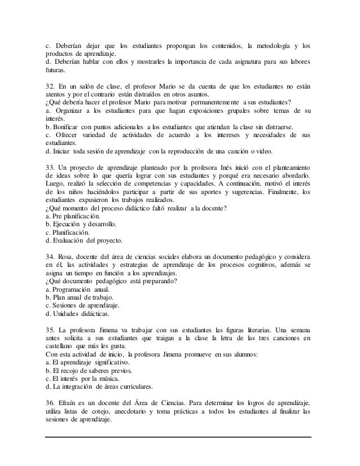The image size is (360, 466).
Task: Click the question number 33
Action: [51, 168]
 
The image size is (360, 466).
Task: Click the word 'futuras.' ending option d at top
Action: [56, 71]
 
